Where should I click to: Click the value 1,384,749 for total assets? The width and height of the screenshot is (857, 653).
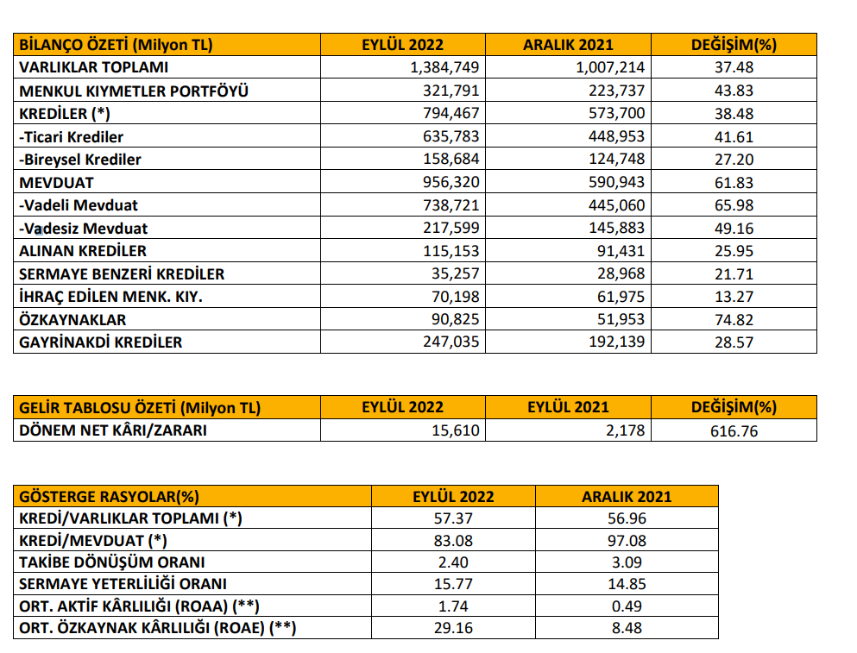coord(444,67)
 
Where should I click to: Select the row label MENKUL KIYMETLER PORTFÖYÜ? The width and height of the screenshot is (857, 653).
coord(134,91)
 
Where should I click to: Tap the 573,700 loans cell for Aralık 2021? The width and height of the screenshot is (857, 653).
coord(616,113)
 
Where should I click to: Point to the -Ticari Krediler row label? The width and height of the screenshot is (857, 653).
coord(71,136)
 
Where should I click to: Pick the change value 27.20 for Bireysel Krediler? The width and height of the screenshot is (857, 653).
coord(734,160)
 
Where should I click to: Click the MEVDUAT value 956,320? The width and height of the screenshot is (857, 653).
coord(451,182)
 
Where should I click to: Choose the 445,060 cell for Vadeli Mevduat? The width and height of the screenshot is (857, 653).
coord(616,205)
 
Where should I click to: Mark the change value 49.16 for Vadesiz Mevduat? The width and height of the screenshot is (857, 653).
coord(734,229)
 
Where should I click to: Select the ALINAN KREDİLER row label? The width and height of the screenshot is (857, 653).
coord(83,251)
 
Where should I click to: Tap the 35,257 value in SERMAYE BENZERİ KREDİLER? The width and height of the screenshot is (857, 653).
coord(456,273)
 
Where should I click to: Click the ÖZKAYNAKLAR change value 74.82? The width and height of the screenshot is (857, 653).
coord(734,320)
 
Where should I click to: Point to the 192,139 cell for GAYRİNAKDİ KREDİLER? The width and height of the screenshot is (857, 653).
coord(616,342)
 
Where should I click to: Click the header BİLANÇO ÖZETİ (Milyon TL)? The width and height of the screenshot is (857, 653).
coord(116,45)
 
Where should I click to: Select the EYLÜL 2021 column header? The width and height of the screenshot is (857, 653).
coord(568,407)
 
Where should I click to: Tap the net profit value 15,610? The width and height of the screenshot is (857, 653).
coord(456,430)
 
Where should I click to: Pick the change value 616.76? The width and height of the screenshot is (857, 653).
coord(734,431)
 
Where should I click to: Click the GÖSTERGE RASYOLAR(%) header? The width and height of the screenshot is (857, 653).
coord(110,497)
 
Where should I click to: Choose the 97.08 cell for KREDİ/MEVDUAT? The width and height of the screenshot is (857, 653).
coord(627,541)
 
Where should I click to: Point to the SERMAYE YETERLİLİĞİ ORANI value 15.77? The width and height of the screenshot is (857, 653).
coord(453,584)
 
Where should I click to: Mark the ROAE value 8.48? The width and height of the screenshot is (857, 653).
coord(627,628)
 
